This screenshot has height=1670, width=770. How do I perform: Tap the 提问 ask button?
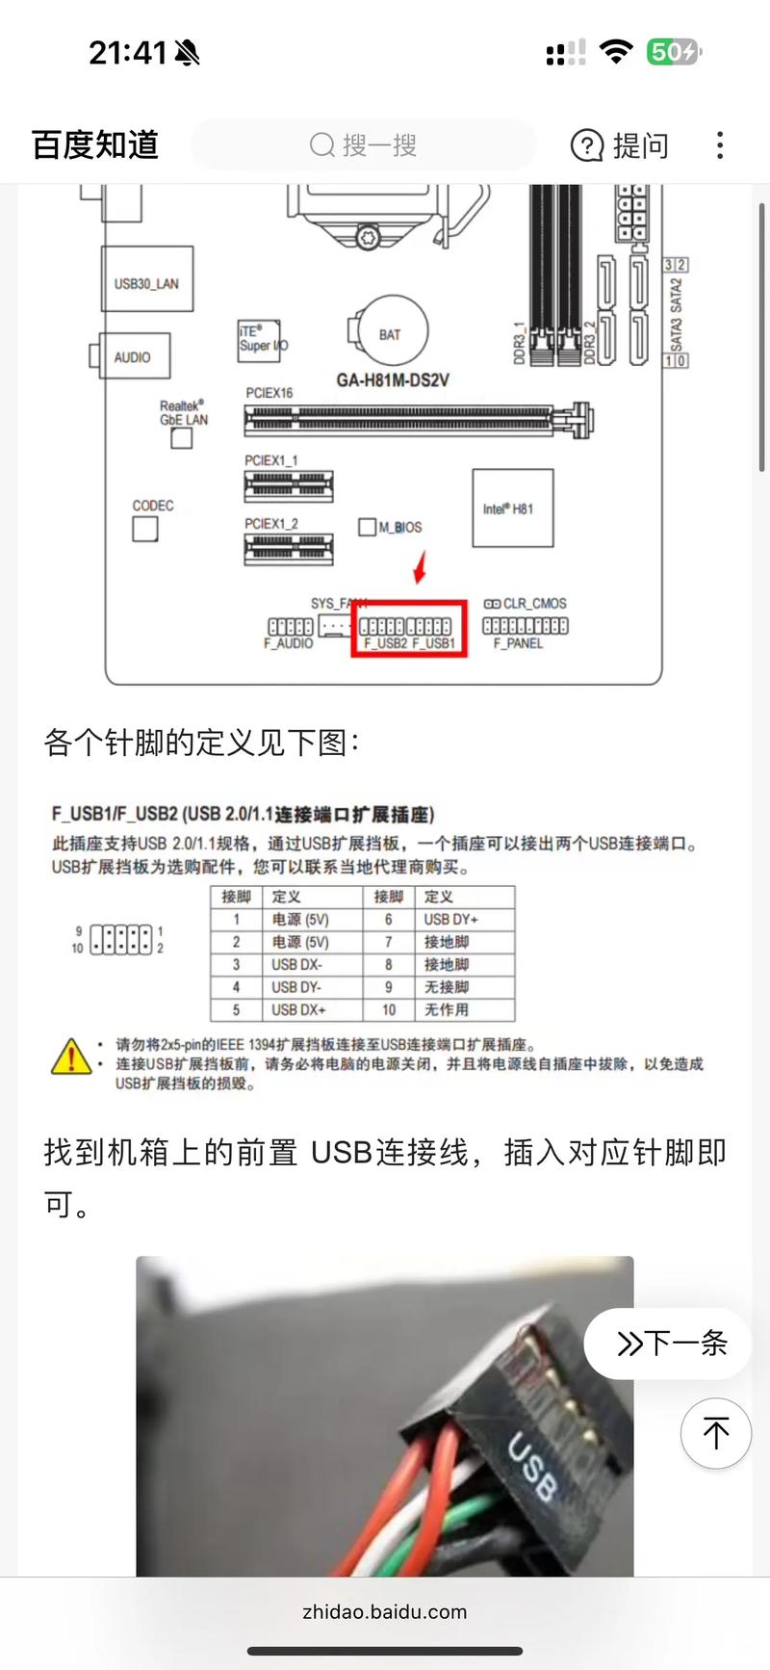[x=620, y=145]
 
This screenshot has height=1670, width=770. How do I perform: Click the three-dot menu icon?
[x=720, y=145]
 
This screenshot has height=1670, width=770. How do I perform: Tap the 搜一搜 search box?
[x=364, y=145]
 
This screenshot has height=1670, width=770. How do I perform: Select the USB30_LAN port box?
[x=146, y=279]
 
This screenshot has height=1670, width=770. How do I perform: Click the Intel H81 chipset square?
[x=512, y=509]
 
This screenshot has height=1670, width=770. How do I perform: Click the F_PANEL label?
[x=518, y=643]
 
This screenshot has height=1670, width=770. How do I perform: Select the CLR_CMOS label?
[x=534, y=603]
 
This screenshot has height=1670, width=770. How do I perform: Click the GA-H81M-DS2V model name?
[x=392, y=380]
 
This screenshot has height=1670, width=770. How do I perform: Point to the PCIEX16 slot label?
[x=269, y=393]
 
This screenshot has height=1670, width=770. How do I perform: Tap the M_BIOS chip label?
[x=399, y=527]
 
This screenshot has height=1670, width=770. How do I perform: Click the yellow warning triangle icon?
[x=70, y=1057]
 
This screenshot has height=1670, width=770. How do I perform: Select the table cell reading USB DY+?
[x=450, y=919]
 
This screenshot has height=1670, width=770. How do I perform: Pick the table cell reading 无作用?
[x=447, y=1009]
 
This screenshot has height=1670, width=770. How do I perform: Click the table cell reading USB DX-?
[x=296, y=964]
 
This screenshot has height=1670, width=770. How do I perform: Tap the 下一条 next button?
[x=670, y=1343]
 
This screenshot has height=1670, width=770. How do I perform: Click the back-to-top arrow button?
[x=715, y=1433]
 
